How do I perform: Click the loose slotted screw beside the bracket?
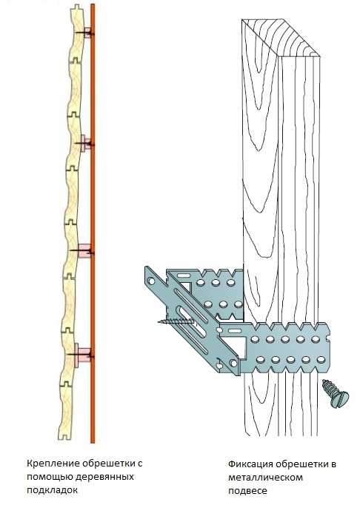(x=335, y=393)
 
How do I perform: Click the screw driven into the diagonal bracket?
(x=176, y=321)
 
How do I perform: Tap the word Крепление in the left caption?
(x=53, y=464)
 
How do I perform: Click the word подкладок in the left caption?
(x=52, y=490)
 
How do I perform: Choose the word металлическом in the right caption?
(x=265, y=478)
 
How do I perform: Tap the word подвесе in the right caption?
(x=247, y=491)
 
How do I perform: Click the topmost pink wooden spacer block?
(x=87, y=33)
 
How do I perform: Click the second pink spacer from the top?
(x=85, y=143)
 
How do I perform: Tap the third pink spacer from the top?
(x=84, y=250)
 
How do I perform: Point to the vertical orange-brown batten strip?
(x=93, y=223)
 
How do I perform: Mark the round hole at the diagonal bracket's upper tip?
(x=151, y=281)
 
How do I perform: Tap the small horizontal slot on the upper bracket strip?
(x=182, y=275)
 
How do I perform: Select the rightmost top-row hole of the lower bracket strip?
(x=316, y=339)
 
